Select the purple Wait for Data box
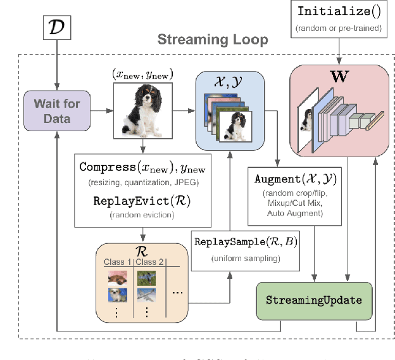57,110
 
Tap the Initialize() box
339,17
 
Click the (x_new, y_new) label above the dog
144,75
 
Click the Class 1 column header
118,262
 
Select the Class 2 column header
149,262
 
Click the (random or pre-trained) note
339,29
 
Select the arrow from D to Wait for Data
57,63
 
